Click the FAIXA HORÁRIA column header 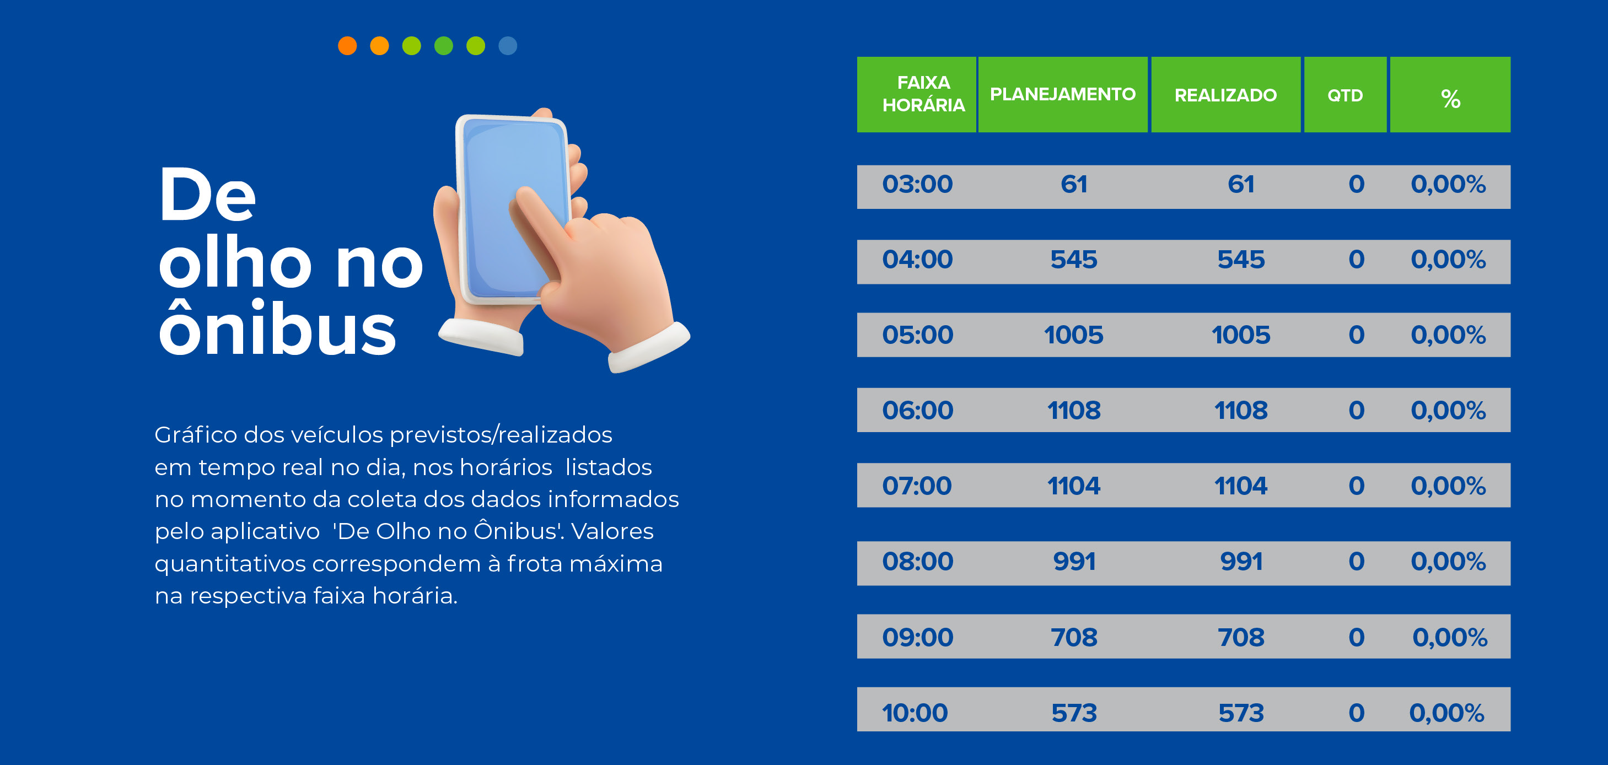tap(923, 94)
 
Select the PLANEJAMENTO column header tap(1062, 94)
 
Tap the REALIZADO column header tap(1225, 95)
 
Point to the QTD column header tap(1345, 95)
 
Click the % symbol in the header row tap(1450, 99)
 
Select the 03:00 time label tap(917, 184)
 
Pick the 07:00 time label tap(916, 486)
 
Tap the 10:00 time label tap(915, 713)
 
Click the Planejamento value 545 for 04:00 tap(1074, 260)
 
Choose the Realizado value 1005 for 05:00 tap(1240, 335)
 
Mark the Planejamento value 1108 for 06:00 tap(1074, 411)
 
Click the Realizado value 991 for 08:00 tap(1241, 562)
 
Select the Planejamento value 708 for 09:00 tap(1074, 637)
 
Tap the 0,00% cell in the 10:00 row tap(1446, 713)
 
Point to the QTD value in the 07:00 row tap(1356, 486)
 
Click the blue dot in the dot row tap(508, 46)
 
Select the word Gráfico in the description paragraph tap(195, 435)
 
